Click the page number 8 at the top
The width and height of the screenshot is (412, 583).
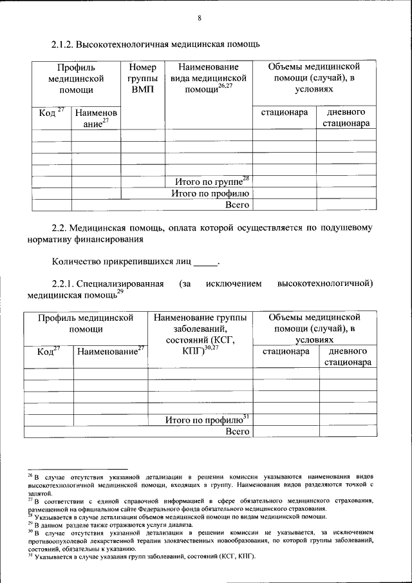coord(200,17)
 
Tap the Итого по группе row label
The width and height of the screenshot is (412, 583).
coord(207,182)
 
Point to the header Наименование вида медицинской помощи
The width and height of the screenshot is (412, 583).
coord(209,79)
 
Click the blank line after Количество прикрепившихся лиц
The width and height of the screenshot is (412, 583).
coord(206,263)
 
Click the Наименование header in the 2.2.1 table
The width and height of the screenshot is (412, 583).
coord(109,352)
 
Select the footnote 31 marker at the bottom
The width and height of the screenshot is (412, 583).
coord(30,555)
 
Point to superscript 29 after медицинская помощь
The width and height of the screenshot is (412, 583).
coord(120,292)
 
